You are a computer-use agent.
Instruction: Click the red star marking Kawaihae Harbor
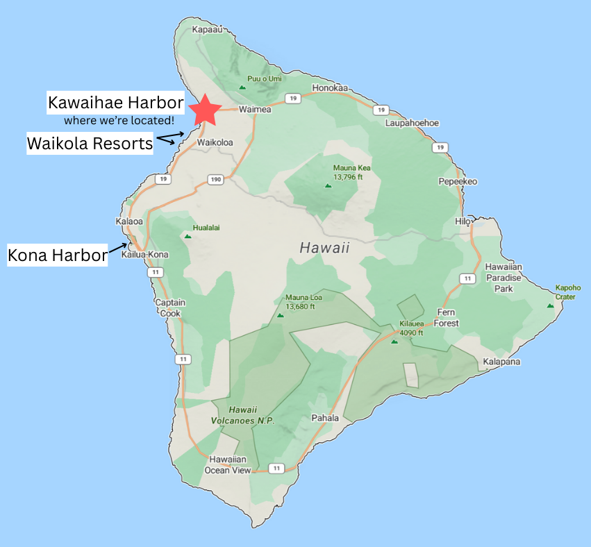[x=206, y=109]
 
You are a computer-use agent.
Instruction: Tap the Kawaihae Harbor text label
[x=115, y=103]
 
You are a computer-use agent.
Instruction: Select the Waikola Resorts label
[x=90, y=144]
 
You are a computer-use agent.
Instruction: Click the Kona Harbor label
[x=58, y=255]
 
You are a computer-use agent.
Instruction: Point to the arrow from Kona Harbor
[x=118, y=247]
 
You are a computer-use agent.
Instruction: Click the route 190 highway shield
[x=215, y=179]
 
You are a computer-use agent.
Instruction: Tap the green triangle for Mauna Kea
[x=328, y=185]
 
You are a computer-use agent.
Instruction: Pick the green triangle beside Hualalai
[x=187, y=236]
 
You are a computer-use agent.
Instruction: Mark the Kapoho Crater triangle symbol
[x=551, y=305]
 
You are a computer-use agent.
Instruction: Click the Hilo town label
[x=463, y=221]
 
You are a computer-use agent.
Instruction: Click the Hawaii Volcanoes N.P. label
[x=243, y=415]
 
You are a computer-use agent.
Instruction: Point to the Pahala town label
[x=325, y=418]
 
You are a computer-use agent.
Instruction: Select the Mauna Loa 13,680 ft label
[x=299, y=302]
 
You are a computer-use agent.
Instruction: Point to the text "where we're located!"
[x=119, y=121]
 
